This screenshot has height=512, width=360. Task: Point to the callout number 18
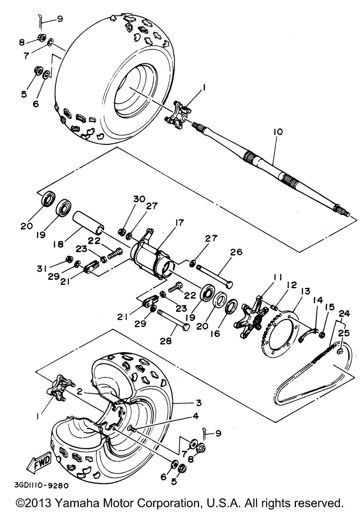coord(58,244)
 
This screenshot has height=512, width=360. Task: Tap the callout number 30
coord(139,199)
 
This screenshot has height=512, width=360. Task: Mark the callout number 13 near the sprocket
coord(305,291)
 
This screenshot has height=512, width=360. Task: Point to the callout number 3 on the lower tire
coord(199,402)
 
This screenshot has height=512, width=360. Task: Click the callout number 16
coord(215,333)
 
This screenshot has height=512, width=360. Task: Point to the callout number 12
coord(291,285)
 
